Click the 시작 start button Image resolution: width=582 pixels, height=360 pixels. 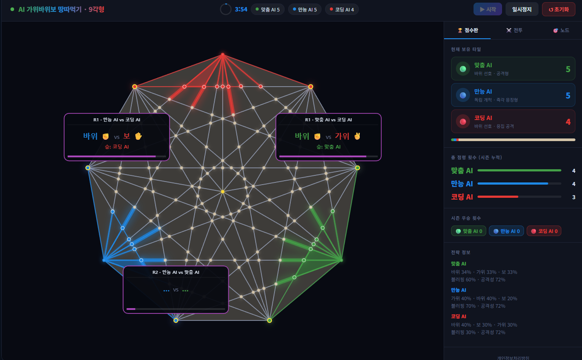click(488, 9)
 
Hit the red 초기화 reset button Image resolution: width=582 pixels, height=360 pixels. click(558, 9)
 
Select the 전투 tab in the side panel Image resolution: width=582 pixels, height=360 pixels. click(514, 30)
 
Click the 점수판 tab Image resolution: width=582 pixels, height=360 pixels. click(467, 30)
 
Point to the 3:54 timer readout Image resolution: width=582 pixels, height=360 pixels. click(241, 10)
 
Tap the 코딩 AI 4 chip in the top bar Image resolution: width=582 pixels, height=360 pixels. click(342, 10)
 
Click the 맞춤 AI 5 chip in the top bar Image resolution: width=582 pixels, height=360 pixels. click(268, 10)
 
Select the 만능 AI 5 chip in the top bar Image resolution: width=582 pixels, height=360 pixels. click(305, 10)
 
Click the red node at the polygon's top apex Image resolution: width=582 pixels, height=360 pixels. click(223, 55)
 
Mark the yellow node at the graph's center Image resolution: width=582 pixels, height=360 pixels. click(223, 192)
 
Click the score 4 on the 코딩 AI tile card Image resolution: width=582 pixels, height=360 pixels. click(568, 122)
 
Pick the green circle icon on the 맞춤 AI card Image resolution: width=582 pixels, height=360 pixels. click(463, 69)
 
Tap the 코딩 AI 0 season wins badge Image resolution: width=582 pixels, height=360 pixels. click(544, 231)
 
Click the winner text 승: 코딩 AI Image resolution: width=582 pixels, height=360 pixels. click(117, 147)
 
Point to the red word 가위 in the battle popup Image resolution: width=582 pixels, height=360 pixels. click(342, 136)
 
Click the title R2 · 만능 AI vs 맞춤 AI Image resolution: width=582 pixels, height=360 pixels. click(176, 272)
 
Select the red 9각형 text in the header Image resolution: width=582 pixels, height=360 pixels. click(96, 10)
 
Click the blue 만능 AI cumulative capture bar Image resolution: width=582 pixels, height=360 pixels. click(513, 183)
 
